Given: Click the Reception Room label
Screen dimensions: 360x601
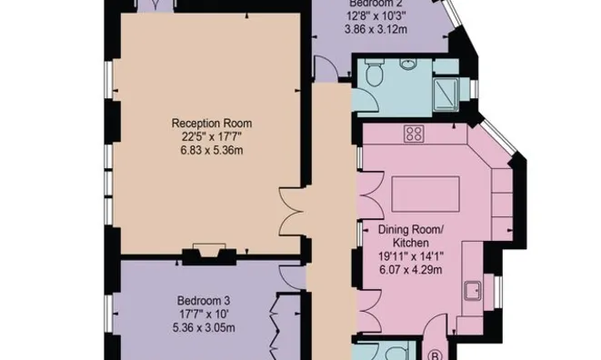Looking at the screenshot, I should (x=212, y=123).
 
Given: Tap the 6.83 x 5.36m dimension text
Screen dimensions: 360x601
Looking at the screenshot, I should (x=212, y=150).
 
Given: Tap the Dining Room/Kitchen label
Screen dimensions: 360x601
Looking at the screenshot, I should (x=409, y=236).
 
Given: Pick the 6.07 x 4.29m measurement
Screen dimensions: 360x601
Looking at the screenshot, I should (x=409, y=269).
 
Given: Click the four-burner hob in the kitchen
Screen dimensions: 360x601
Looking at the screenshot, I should (x=414, y=135).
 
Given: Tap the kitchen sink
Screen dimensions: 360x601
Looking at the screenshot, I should (x=473, y=292).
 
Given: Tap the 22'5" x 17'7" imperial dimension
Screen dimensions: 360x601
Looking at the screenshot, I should (x=212, y=136).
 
